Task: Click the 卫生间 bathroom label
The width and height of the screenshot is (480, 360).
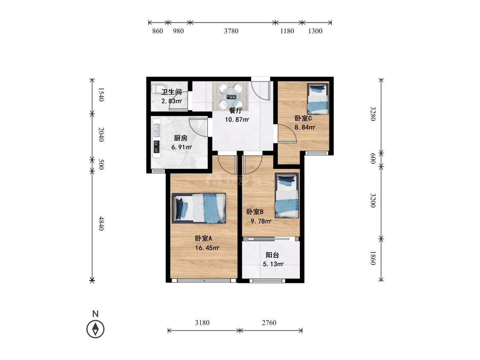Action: (x=172, y=92)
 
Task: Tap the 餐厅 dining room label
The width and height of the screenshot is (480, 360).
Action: (x=236, y=110)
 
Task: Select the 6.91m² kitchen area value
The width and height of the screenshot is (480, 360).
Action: (x=181, y=147)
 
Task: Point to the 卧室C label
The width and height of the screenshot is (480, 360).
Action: (x=303, y=119)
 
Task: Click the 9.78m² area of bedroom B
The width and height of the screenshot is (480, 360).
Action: (x=261, y=221)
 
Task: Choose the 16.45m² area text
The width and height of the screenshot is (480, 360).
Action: (x=207, y=248)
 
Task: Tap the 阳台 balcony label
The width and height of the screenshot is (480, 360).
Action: (x=272, y=255)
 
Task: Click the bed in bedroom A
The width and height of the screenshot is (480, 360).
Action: (x=199, y=208)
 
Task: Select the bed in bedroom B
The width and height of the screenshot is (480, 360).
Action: (x=287, y=196)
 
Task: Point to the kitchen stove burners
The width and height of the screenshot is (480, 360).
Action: (x=157, y=147)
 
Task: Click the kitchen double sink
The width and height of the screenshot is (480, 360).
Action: (x=157, y=131)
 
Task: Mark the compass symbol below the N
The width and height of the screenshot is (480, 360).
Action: (x=96, y=329)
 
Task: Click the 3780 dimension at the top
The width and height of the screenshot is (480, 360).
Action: (x=231, y=31)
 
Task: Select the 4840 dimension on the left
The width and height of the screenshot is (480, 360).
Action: (x=101, y=224)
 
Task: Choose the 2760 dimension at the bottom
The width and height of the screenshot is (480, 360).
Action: (x=269, y=322)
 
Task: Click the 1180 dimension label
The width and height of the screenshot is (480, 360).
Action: (x=287, y=31)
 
